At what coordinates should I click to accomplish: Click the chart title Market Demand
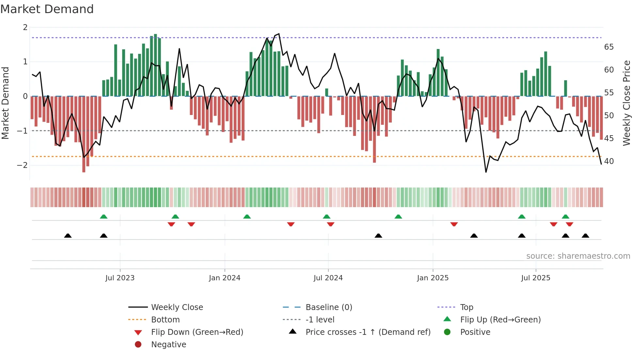click(47, 9)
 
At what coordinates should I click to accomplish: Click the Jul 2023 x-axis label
click(120, 278)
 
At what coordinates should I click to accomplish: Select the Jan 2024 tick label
click(225, 278)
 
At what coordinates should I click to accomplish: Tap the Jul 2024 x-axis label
click(328, 278)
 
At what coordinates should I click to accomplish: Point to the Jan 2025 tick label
click(433, 278)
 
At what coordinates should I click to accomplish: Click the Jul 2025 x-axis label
click(536, 278)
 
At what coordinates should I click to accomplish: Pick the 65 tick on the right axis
click(609, 47)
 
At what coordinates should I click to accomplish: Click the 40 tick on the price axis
click(609, 161)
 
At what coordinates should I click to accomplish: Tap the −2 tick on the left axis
click(22, 165)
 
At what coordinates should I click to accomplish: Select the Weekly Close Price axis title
click(627, 103)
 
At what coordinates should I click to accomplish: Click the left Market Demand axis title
click(6, 103)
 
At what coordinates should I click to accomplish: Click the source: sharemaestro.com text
click(578, 256)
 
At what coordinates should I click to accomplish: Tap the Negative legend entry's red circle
click(138, 345)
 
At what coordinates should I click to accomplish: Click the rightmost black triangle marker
click(585, 236)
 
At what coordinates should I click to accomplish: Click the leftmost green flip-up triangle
click(104, 217)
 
